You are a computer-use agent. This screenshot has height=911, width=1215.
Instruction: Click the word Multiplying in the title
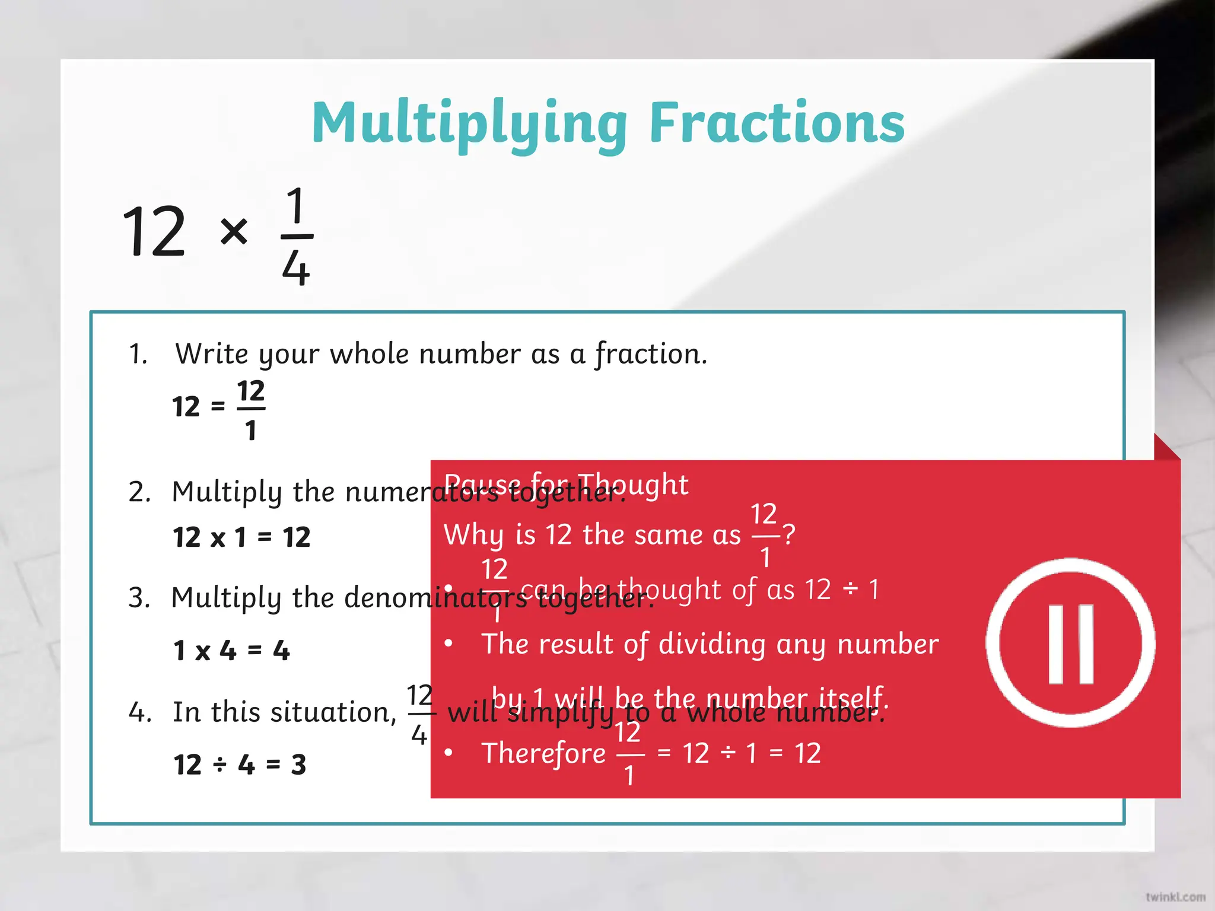[x=469, y=123]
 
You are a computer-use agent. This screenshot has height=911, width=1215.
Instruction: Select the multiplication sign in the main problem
[x=234, y=231]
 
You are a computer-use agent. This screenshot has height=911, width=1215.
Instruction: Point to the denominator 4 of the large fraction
[x=296, y=268]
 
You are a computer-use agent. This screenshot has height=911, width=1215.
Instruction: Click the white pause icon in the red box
[x=1070, y=643]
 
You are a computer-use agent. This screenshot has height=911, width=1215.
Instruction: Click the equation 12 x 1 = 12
[x=241, y=537]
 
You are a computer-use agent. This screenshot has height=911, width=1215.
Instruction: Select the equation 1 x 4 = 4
[x=231, y=651]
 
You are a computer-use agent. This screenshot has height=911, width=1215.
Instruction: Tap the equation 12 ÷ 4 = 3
[x=240, y=765]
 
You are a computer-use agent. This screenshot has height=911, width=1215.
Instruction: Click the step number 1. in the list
[x=138, y=354]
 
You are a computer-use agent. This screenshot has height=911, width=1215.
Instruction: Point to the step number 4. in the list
[x=140, y=712]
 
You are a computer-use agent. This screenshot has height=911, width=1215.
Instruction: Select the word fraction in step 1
[x=650, y=353]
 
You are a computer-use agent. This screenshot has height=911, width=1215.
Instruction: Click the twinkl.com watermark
[x=1175, y=897]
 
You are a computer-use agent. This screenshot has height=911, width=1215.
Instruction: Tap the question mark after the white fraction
[x=788, y=534]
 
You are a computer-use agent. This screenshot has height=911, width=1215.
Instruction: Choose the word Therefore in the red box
[x=543, y=753]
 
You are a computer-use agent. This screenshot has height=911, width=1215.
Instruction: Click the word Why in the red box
[x=475, y=535]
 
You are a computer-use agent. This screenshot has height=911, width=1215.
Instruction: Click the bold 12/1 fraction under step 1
[x=250, y=409]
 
